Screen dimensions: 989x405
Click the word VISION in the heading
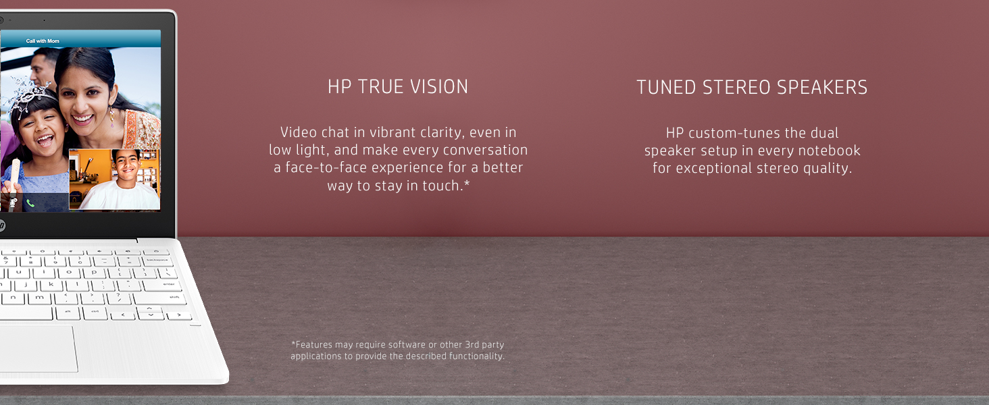tap(439, 87)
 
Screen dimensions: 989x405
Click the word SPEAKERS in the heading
tap(822, 87)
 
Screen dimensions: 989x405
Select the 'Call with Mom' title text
tap(43, 41)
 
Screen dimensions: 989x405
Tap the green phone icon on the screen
tap(30, 203)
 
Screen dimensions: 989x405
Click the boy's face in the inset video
tap(126, 165)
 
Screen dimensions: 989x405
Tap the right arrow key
tap(178, 315)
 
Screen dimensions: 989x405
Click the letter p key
tap(94, 273)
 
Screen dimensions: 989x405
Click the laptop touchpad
tap(38, 348)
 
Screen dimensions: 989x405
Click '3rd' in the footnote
tap(472, 344)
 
